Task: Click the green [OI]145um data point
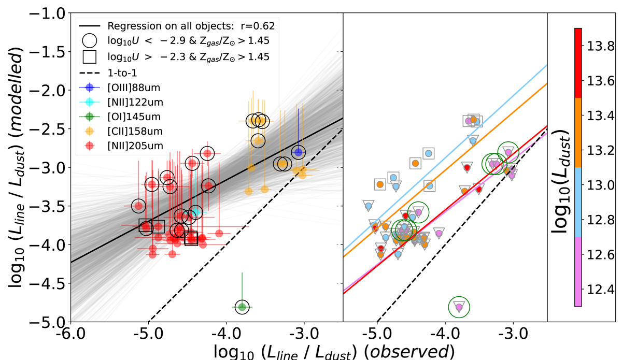click(242, 307)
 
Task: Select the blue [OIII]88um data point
click(298, 152)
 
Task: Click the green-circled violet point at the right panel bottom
click(459, 307)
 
